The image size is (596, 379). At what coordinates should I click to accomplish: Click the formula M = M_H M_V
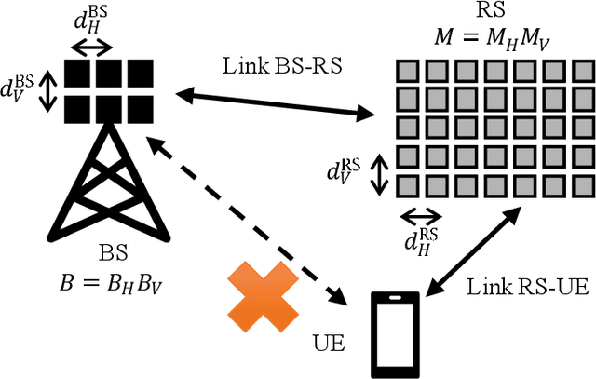(x=475, y=36)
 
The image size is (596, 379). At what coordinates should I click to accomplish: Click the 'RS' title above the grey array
(x=476, y=13)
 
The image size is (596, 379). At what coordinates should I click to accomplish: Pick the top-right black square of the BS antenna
(x=140, y=73)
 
